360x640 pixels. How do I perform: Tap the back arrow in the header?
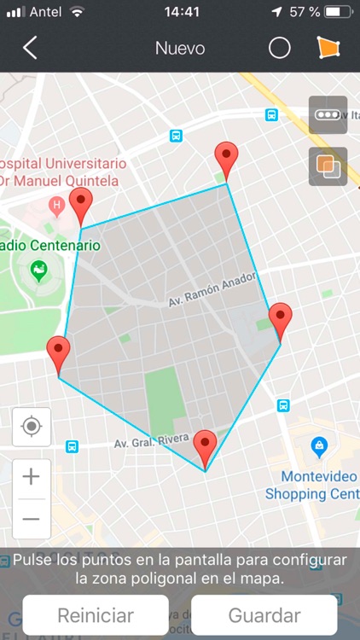[30, 48]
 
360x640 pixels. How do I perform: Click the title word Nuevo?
[180, 48]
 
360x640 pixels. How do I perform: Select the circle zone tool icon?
[280, 48]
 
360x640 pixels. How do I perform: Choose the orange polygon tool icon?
[328, 48]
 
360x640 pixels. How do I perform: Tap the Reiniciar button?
[96, 615]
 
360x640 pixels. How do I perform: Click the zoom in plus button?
[32, 476]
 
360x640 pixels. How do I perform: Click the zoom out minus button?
[32, 518]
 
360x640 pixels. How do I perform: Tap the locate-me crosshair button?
[32, 426]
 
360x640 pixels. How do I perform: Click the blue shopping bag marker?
[319, 445]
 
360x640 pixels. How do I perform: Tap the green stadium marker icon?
[39, 271]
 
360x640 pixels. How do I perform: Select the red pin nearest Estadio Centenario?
[80, 205]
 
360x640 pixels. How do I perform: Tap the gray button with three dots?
[328, 115]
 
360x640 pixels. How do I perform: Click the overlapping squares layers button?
[328, 166]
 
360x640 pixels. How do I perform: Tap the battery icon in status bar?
[338, 12]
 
